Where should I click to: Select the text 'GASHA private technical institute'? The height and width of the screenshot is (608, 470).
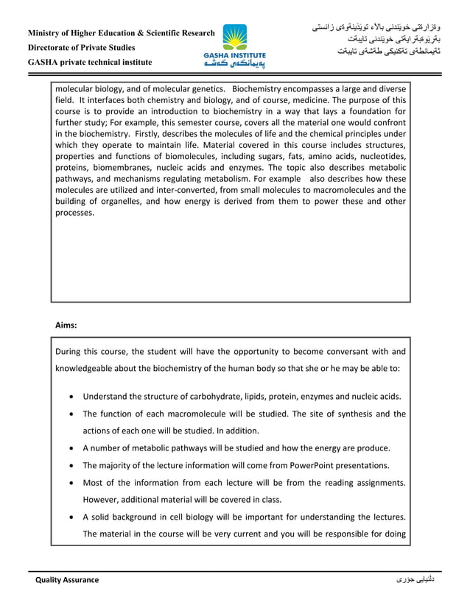click(x=90, y=62)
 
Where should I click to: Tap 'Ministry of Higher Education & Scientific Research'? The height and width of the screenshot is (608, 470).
click(x=122, y=34)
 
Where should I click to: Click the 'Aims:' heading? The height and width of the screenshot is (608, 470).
click(x=66, y=324)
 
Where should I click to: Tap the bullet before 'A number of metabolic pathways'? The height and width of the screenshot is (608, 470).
click(x=70, y=448)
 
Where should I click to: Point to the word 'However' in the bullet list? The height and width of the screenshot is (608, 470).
click(x=99, y=499)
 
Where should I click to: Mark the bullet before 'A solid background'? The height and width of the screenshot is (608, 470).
click(x=70, y=517)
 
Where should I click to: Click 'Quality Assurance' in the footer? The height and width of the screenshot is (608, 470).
click(x=67, y=580)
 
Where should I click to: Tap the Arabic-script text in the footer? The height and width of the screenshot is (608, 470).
click(x=415, y=580)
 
